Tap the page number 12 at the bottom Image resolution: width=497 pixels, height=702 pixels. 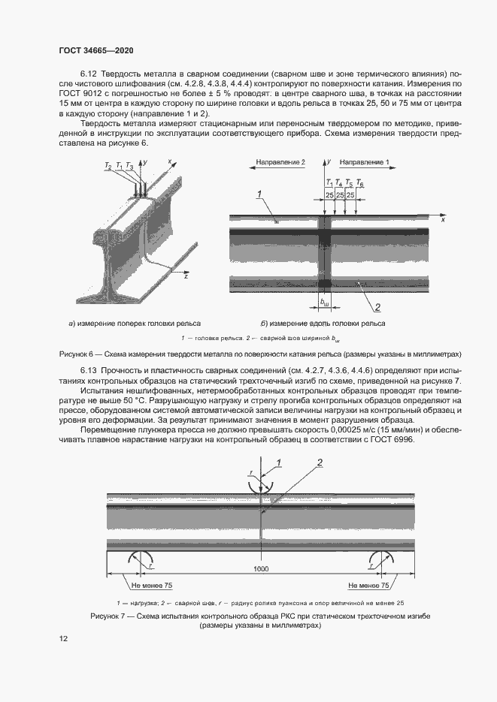tap(63, 638)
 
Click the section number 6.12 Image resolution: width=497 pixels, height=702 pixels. tap(89, 73)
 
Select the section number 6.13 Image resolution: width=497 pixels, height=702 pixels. tap(89, 372)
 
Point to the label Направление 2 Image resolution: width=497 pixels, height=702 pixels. tap(280, 162)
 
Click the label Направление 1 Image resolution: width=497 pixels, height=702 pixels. tap(365, 162)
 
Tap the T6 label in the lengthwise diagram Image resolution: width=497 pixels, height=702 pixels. tap(359, 183)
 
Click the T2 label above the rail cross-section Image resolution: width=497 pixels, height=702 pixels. tap(108, 165)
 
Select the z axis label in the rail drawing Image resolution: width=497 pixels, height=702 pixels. tap(185, 277)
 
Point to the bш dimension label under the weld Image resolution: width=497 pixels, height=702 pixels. tap(325, 302)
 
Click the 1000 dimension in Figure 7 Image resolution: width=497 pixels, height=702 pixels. tap(261, 570)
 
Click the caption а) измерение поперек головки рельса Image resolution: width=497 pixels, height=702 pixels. tap(123, 324)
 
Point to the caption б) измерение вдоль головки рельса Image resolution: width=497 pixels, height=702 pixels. tap(323, 324)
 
